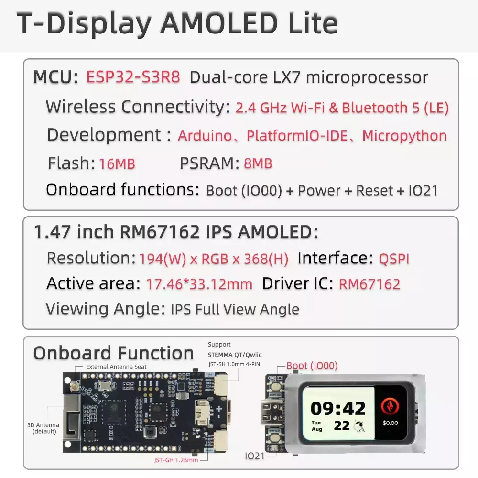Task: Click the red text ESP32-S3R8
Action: tap(133, 77)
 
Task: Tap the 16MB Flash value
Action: tap(117, 163)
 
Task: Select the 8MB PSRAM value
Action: tap(258, 163)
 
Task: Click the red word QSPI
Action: tap(394, 259)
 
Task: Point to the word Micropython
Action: tap(404, 136)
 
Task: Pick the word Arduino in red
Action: tap(205, 136)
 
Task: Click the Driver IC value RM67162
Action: tap(369, 284)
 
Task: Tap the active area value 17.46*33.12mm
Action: tap(199, 284)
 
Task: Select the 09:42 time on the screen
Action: tap(338, 409)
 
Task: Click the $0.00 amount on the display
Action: tap(390, 423)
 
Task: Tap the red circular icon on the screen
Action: tap(390, 406)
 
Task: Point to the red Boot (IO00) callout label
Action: tap(312, 366)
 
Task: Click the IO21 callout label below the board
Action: tap(255, 456)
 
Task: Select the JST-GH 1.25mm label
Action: tap(176, 460)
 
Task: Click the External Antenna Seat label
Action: tap(116, 367)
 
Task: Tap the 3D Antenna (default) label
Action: tap(43, 428)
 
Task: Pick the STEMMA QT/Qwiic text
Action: tap(235, 355)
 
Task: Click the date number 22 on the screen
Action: tap(341, 426)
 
